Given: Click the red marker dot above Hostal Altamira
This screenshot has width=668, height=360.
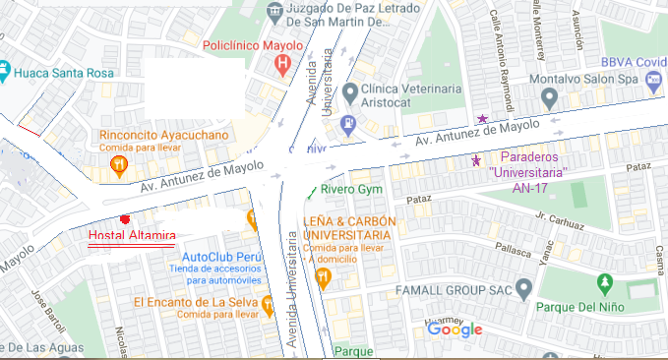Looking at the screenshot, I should point(123,218).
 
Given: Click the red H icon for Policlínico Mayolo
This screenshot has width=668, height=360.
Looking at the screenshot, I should point(283,66).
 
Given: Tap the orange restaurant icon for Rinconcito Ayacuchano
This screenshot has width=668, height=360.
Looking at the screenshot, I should point(118,163).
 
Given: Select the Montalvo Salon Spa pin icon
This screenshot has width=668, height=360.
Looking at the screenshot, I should point(549,98).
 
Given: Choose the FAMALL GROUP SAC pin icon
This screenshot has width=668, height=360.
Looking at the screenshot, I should point(524,290).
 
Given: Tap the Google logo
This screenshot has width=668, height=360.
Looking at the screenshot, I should point(455,330).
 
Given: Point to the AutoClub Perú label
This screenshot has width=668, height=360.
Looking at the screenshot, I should point(218,258).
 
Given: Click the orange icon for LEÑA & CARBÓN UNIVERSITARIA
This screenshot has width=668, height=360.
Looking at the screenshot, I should point(322,279).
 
